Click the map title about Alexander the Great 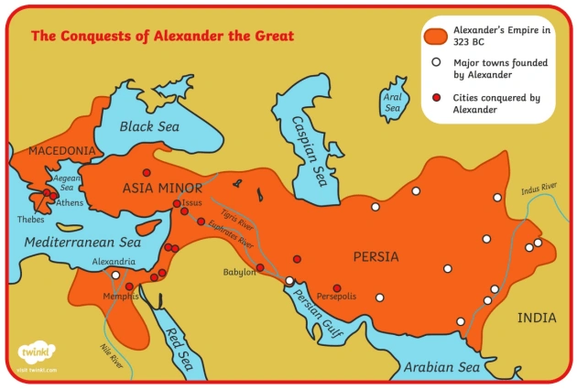coord(162,36)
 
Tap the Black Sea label coord(149,126)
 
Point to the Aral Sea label coord(393,102)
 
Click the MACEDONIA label coord(61,150)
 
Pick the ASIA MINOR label coord(162,188)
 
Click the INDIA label coord(537,318)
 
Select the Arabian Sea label coord(442,367)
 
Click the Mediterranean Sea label coord(82,243)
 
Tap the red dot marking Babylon coord(260,267)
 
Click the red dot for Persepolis coord(337,287)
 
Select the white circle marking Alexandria coord(115,275)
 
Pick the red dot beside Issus coord(177,203)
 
